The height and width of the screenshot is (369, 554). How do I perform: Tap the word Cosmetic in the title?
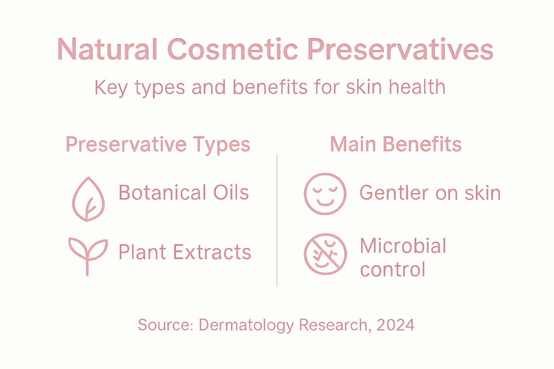tap(233, 49)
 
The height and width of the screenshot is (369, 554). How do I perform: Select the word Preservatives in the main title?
tap(400, 49)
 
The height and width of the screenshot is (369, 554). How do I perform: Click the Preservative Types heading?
tap(158, 145)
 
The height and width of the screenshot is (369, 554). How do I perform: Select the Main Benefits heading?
tap(396, 144)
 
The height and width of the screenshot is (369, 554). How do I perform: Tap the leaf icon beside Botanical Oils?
tap(88, 199)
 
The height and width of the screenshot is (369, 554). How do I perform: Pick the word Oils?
tap(231, 192)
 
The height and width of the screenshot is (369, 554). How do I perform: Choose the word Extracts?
tap(212, 252)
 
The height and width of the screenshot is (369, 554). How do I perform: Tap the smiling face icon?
tap(325, 194)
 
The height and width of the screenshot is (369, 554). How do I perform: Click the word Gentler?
tap(394, 193)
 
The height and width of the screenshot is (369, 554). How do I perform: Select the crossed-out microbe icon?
tap(325, 254)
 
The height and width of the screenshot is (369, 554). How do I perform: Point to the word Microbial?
tap(403, 246)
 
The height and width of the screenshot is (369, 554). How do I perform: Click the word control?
tap(393, 270)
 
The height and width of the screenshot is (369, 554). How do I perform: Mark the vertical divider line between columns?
tap(277, 220)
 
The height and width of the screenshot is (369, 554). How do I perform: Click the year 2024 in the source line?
tap(395, 325)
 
